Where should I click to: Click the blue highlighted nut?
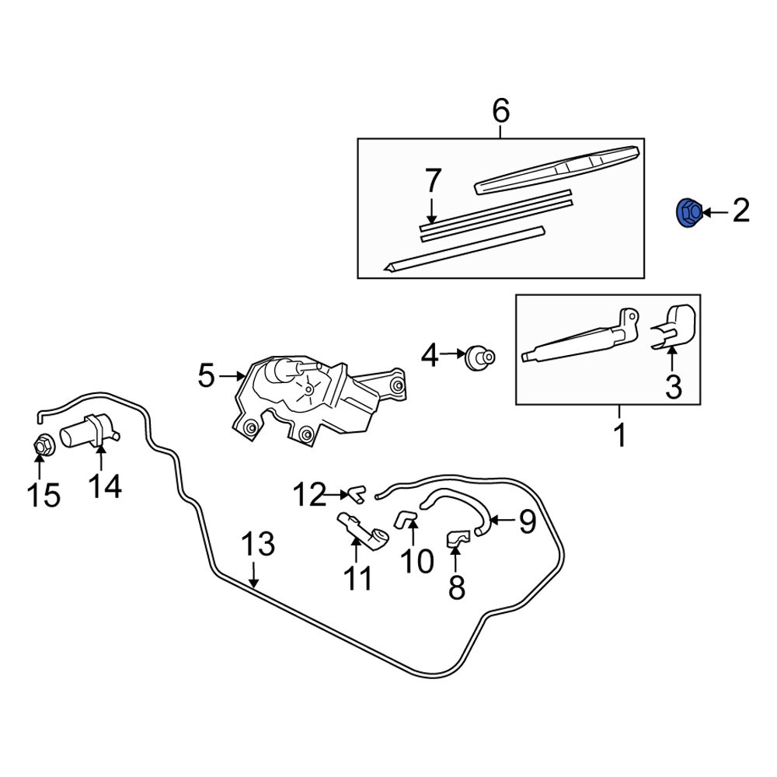tap(688, 212)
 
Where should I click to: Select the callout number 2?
tap(740, 211)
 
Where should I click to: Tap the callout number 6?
tap(501, 112)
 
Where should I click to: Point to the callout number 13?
tap(256, 545)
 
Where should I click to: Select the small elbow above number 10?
tap(405, 518)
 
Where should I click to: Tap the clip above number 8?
tap(458, 536)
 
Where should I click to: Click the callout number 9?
tap(527, 522)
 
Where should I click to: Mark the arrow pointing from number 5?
tap(232, 377)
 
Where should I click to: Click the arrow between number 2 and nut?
tap(713, 211)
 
